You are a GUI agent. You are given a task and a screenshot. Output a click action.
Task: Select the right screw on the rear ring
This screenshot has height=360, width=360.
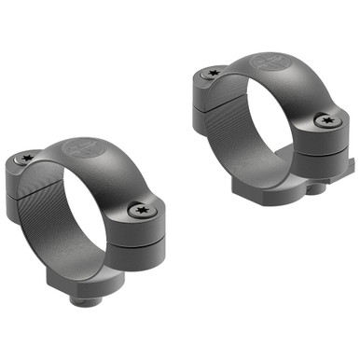pos(325,119)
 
